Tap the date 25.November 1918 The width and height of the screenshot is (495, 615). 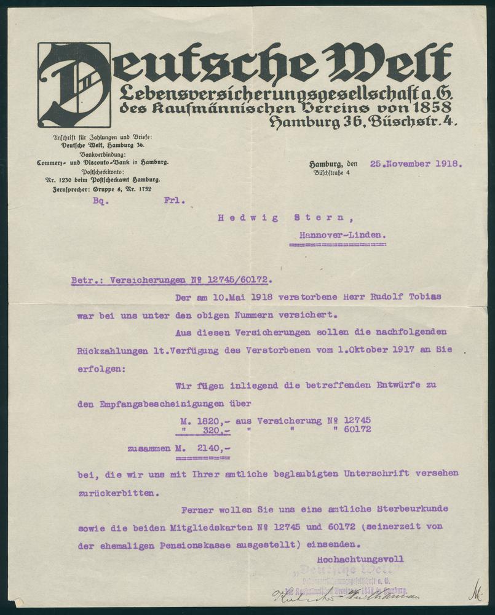416,164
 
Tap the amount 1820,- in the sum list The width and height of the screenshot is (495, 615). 207,420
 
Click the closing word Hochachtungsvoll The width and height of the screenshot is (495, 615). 360,559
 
